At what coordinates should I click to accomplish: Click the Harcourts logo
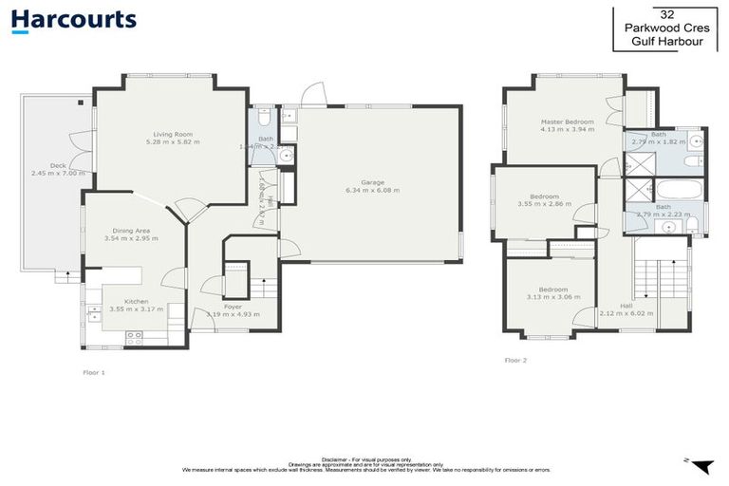(x=74, y=20)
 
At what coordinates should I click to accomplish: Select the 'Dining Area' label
(x=131, y=230)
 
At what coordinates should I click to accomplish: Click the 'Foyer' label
(x=218, y=307)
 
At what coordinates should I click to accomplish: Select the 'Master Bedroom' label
(x=568, y=121)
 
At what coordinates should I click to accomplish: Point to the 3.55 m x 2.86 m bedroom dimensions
(x=544, y=204)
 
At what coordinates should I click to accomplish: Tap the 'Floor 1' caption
(x=93, y=373)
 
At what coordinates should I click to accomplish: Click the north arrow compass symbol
(x=701, y=465)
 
